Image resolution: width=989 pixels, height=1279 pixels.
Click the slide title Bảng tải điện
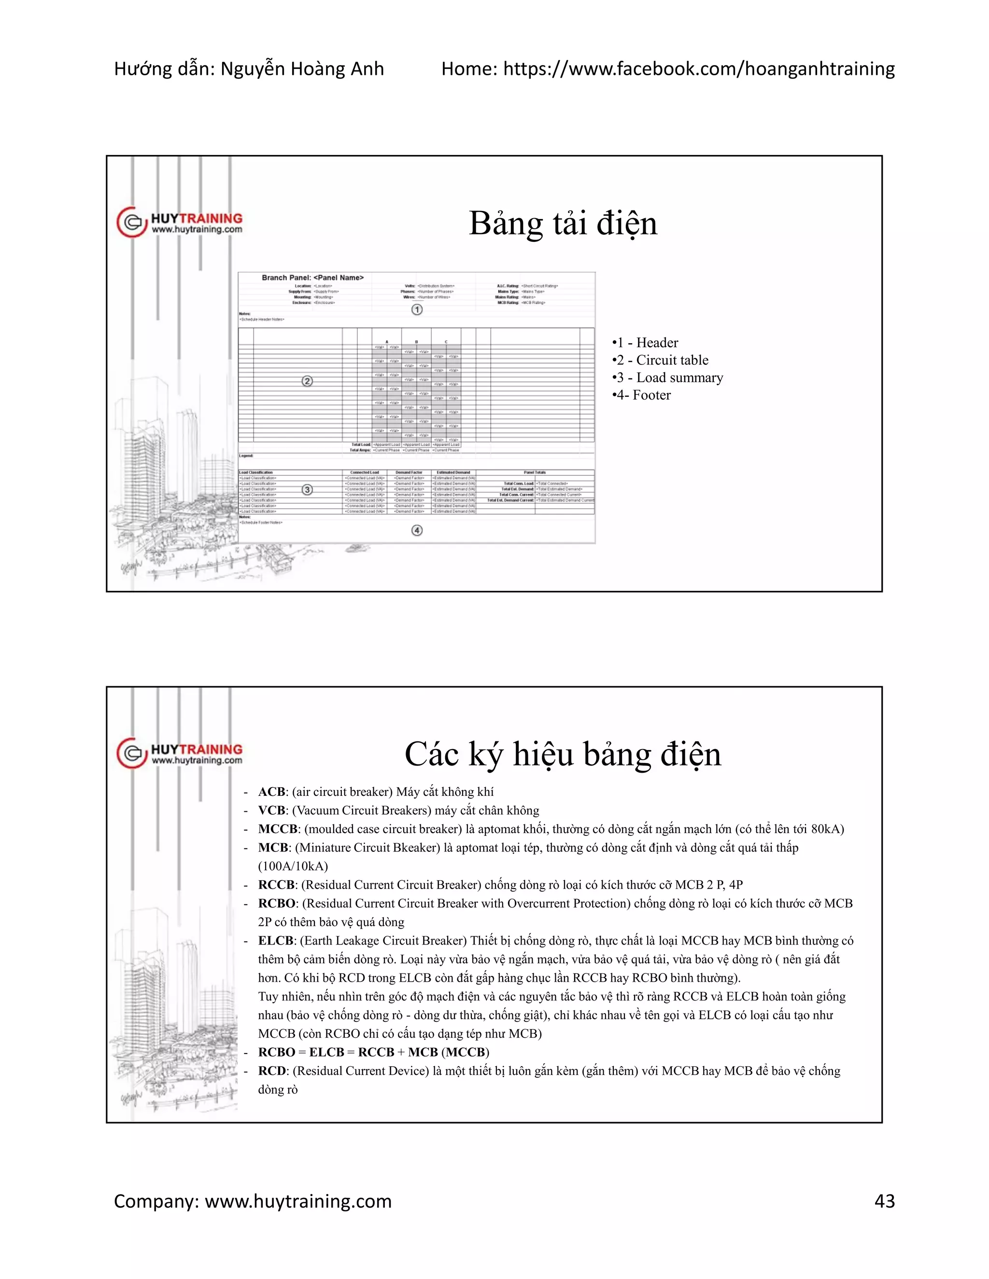pyautogui.click(x=563, y=224)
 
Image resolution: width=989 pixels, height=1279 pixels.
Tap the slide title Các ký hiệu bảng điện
pyautogui.click(x=563, y=754)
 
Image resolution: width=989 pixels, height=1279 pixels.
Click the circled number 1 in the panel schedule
pyautogui.click(x=417, y=309)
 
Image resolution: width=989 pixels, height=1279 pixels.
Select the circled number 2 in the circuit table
pyautogui.click(x=307, y=381)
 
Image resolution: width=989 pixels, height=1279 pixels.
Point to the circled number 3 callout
pyautogui.click(x=307, y=489)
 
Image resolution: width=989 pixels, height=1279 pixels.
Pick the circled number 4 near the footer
pyautogui.click(x=417, y=530)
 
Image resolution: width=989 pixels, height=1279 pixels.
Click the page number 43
pyautogui.click(x=884, y=1201)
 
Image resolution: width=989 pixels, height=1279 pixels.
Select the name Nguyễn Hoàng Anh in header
pyautogui.click(x=302, y=69)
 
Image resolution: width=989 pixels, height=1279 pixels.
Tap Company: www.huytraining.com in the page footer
pyautogui.click(x=253, y=1201)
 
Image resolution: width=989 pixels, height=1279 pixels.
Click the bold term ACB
pyautogui.click(x=271, y=792)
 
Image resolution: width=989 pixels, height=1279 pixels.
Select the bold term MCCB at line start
pyautogui.click(x=278, y=829)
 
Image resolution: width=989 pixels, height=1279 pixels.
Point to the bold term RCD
pyautogui.click(x=272, y=1071)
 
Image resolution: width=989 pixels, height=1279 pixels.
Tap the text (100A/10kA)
pyautogui.click(x=293, y=866)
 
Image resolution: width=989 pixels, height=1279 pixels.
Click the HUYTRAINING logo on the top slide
pyautogui.click(x=180, y=222)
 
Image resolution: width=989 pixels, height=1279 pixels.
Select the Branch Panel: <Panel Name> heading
pyautogui.click(x=312, y=278)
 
